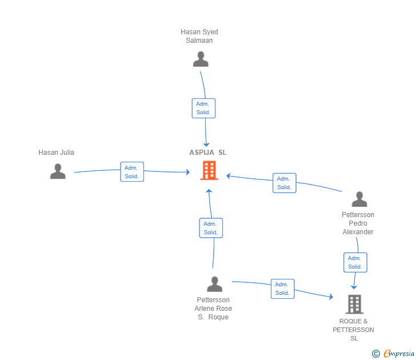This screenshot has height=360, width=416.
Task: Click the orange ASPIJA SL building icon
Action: pyautogui.click(x=209, y=170)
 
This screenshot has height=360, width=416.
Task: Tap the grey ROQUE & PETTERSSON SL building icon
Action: pyautogui.click(x=354, y=304)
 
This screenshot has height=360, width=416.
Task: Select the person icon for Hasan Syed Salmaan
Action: pyautogui.click(x=201, y=59)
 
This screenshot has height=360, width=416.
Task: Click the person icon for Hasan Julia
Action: pyautogui.click(x=58, y=171)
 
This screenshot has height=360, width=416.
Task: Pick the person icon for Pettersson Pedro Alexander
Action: pyautogui.click(x=359, y=199)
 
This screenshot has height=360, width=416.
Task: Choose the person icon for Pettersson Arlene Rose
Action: pyautogui.click(x=214, y=284)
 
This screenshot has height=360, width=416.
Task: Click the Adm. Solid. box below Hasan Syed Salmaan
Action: pyautogui.click(x=203, y=108)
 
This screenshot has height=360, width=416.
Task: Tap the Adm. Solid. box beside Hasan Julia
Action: pyautogui.click(x=132, y=171)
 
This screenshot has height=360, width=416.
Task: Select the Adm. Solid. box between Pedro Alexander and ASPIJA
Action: pyautogui.click(x=284, y=183)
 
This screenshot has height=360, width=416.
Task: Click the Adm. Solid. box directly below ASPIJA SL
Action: pyautogui.click(x=211, y=228)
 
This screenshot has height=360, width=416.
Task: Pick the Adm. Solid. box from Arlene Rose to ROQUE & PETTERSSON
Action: pyautogui.click(x=282, y=289)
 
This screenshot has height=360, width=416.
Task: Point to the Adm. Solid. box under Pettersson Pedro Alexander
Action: pyautogui.click(x=355, y=262)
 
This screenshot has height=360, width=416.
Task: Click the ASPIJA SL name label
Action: pyautogui.click(x=208, y=153)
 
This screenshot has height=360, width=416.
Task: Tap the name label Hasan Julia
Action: pyautogui.click(x=57, y=153)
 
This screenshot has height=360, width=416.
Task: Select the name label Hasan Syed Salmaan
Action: pyautogui.click(x=199, y=36)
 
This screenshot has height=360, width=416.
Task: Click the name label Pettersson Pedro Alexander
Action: pyautogui.click(x=358, y=223)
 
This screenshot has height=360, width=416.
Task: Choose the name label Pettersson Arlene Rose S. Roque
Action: pyautogui.click(x=213, y=309)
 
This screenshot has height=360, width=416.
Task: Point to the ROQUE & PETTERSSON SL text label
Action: pyautogui.click(x=354, y=330)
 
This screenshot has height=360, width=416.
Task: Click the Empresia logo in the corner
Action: pyautogui.click(x=399, y=354)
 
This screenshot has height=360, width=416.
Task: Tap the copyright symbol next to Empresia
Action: pyautogui.click(x=376, y=354)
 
